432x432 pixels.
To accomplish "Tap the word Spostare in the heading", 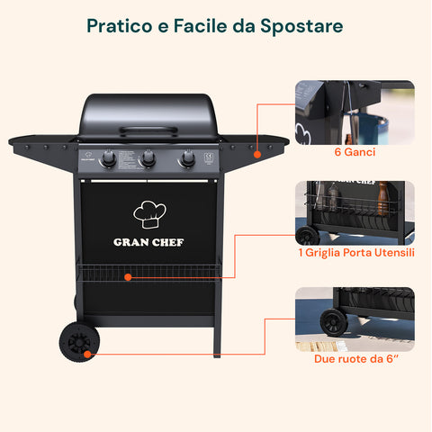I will tap(302, 25).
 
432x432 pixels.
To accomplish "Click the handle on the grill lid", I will tap(148, 131).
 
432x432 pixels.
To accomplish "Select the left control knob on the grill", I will tap(108, 160).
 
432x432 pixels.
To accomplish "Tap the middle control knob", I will tap(148, 160).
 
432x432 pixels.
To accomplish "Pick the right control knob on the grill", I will tap(187, 160).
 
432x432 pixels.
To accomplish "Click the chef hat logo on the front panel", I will tap(149, 212).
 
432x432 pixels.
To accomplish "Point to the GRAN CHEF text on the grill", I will tap(149, 241).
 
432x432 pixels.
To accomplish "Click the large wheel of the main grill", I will tap(77, 343).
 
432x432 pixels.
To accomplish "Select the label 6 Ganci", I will tap(355, 152).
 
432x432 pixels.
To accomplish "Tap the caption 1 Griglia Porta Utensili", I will tap(355, 253).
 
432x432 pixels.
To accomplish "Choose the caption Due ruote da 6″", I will tap(355, 358).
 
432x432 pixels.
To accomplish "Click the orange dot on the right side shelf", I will tap(256, 154).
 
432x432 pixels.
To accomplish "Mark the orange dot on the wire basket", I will tap(128, 277).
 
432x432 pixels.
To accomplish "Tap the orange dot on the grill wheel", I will tap(86, 354).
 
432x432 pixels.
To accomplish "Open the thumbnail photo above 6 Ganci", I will tap(355, 112).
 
